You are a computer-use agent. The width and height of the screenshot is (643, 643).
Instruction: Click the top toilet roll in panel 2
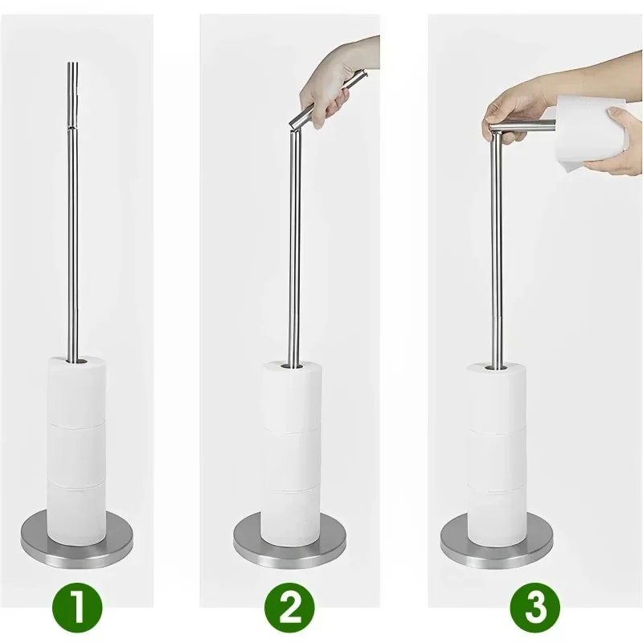tap(290, 394)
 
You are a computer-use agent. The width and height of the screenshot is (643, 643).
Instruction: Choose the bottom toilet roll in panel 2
tap(290, 514)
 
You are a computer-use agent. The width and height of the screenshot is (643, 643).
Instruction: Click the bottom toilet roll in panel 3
tap(496, 514)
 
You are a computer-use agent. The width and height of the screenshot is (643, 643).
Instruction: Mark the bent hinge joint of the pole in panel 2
tap(294, 122)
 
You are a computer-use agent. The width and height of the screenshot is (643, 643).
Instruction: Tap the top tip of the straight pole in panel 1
tap(72, 64)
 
